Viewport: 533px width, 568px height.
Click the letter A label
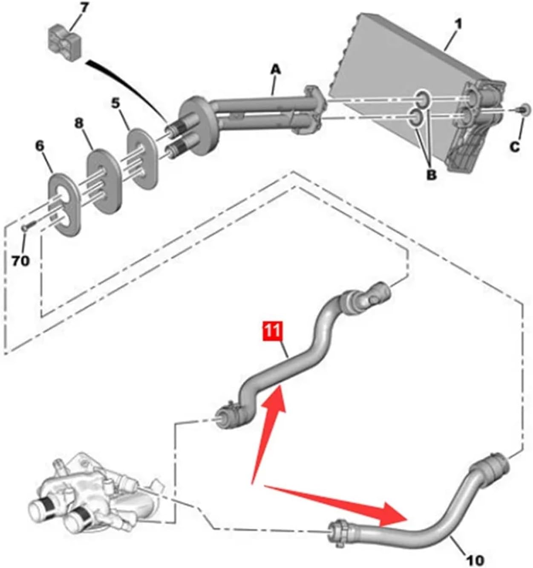pyautogui.click(x=276, y=70)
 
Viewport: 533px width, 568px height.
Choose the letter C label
pyautogui.click(x=515, y=147)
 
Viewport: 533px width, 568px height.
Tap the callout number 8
pyautogui.click(x=79, y=124)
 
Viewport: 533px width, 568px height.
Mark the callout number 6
pyautogui.click(x=40, y=146)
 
